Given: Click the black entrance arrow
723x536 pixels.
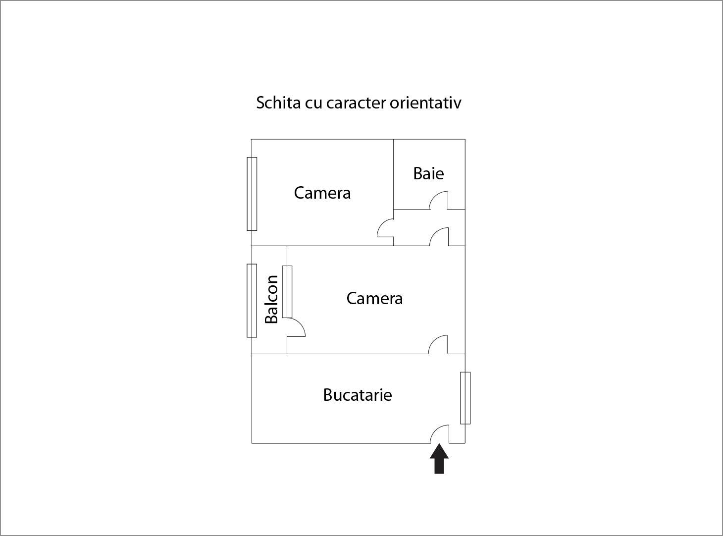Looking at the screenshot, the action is coord(439,458).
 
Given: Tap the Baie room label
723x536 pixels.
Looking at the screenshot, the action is coord(428,173).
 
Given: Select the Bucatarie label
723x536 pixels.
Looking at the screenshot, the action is coord(357,395).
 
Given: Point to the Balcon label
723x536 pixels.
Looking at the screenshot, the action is coord(271,299).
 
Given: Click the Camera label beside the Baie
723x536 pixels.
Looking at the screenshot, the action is coord(322,193).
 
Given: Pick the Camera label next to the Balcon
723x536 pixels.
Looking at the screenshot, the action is coord(374,298).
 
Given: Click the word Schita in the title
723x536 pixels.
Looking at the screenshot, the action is coord(278,103).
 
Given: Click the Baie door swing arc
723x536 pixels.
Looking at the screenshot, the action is coord(434,196).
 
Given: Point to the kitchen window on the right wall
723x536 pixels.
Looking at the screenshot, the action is coord(465,398).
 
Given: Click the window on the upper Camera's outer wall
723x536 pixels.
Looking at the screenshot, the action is coord(252,194).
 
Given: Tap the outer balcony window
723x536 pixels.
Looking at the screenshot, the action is coord(252,301).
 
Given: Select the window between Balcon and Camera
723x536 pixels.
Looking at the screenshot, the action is coord(287,292).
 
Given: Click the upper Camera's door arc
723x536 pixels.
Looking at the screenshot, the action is coord(382,223).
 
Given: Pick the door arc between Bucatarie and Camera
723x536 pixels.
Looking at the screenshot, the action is coord(434,340).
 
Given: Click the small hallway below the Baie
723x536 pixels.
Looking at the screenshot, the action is coord(429,228).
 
